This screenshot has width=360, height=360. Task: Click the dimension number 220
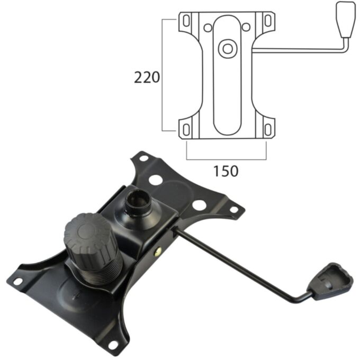coord(147,78)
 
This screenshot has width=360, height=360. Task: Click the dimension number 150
coord(226,171)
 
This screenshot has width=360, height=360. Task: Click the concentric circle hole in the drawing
coord(228,48)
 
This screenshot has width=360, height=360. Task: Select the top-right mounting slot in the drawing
coord(268,21)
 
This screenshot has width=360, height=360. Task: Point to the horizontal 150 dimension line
coord(226,158)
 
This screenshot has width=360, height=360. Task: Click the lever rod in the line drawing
coord(296,50)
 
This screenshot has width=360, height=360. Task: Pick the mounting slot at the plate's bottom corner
coord(113,344)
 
